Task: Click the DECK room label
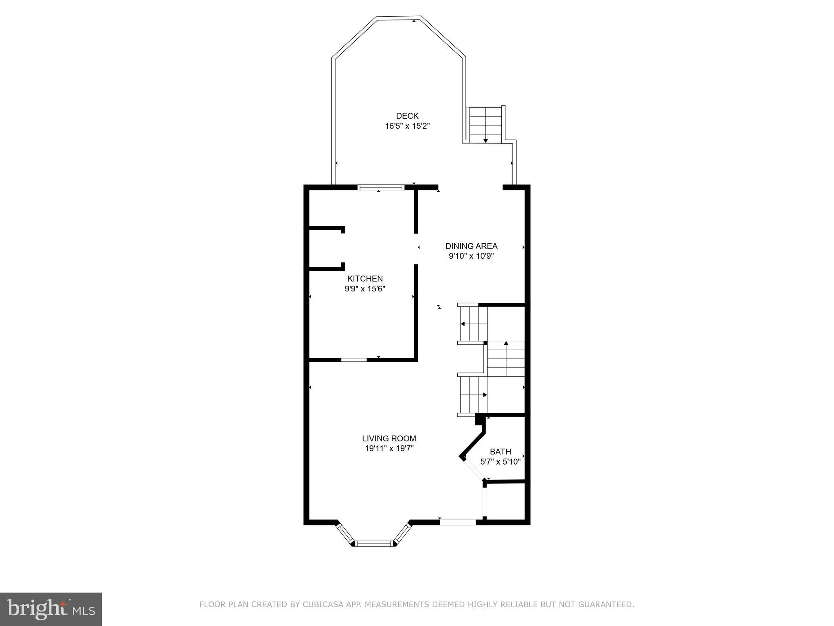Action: [x=407, y=116]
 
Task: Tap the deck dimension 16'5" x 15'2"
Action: [x=407, y=126]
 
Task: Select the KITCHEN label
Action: [x=365, y=279]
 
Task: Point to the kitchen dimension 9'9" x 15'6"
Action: [x=365, y=289]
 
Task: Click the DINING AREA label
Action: [x=471, y=246]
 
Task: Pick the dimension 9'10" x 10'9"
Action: [x=471, y=256]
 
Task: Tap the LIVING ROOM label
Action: [x=389, y=439]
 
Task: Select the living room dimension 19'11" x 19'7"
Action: [x=389, y=449]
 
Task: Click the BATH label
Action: [x=500, y=452]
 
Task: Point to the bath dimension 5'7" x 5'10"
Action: [x=500, y=462]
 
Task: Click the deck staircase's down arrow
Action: [x=485, y=140]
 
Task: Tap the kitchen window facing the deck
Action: [x=381, y=187]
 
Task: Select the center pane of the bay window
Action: [x=374, y=543]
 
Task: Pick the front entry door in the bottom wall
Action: [x=458, y=522]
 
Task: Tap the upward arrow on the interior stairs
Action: [x=506, y=344]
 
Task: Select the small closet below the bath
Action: [x=505, y=501]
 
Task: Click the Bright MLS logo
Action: [x=51, y=609]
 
